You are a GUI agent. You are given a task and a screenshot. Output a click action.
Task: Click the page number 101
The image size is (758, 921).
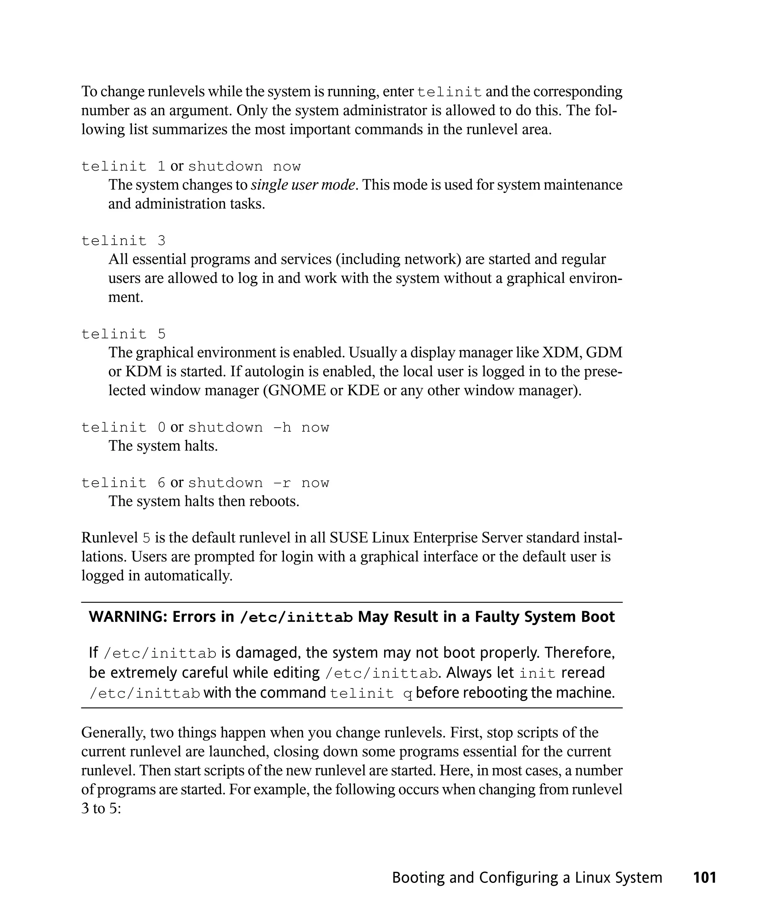tap(704, 877)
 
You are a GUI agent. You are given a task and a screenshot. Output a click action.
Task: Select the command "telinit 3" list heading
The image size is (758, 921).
tap(124, 241)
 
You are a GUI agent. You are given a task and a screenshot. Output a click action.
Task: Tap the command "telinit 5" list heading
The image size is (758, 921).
tap(124, 334)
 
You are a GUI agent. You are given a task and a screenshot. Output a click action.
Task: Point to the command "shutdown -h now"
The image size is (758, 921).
tap(258, 427)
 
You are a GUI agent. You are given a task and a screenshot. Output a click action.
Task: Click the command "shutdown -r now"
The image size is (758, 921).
tap(258, 483)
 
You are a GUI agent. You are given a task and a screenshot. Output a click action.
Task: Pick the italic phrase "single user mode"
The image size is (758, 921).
tap(303, 185)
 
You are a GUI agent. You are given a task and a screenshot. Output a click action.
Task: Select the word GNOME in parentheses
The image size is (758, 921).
tap(297, 390)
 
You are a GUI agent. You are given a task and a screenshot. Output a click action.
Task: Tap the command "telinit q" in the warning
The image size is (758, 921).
tap(371, 693)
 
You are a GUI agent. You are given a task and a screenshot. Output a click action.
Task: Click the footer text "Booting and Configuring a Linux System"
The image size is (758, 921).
tap(527, 877)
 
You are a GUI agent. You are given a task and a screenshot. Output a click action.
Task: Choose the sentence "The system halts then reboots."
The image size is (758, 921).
tap(204, 501)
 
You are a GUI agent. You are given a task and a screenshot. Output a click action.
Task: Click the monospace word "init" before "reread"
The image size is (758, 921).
tap(537, 673)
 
